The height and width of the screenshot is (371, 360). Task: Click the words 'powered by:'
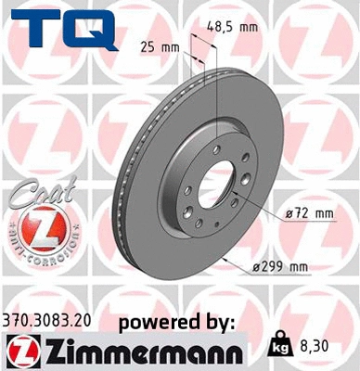coord(177,322)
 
